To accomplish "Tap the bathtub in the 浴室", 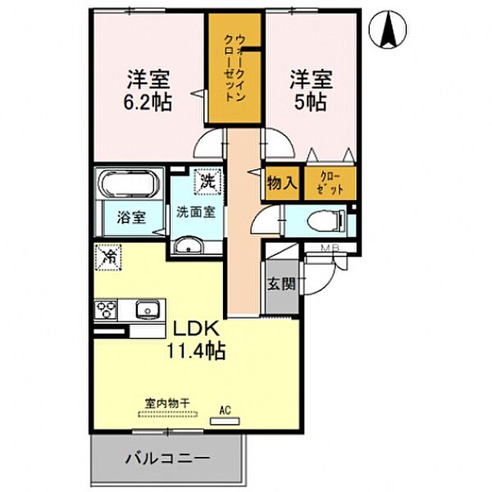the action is [x=130, y=184].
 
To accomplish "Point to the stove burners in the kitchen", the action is [x=106, y=310].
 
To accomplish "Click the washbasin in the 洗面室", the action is [x=189, y=245].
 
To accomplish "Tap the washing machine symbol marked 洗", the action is [x=207, y=182].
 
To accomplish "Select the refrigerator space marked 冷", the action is [x=108, y=257].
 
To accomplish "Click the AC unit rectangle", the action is [x=225, y=421].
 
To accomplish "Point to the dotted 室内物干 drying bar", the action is [x=168, y=414].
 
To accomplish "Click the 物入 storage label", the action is [x=282, y=183].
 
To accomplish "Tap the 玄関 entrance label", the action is [x=281, y=284].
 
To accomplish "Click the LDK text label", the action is [x=196, y=329].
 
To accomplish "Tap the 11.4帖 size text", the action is [x=196, y=351].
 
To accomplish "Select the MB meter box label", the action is [x=330, y=248].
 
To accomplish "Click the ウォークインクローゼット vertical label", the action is [x=235, y=67].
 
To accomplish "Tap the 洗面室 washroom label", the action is [x=196, y=212].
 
